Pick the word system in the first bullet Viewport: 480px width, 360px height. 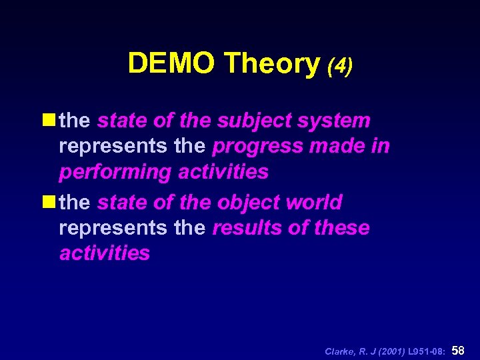tap(337, 121)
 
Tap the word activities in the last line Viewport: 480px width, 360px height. tap(105, 253)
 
